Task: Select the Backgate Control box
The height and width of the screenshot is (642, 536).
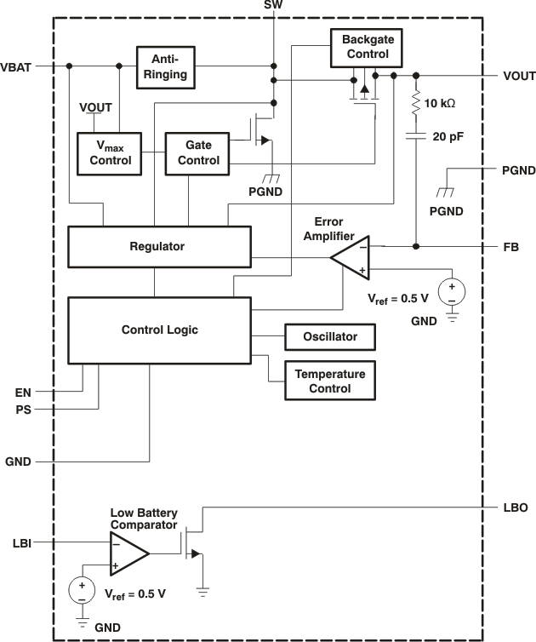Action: [x=365, y=47]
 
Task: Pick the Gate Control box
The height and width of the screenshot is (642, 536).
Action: [x=197, y=153]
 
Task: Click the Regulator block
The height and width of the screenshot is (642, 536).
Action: [x=158, y=246]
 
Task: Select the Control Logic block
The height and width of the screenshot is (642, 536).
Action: [x=159, y=329]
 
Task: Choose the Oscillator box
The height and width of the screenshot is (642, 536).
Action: [x=331, y=337]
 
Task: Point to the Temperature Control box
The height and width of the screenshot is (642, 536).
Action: [x=331, y=381]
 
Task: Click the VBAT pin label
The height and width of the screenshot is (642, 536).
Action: [x=17, y=66]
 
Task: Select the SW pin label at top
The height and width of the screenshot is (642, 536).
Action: [x=273, y=6]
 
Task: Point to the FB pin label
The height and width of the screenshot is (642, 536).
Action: [x=510, y=247]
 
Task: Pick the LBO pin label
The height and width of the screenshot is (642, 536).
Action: [x=516, y=507]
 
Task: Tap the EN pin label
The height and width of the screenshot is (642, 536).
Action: [x=23, y=393]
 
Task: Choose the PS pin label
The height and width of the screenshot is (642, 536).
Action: [x=23, y=410]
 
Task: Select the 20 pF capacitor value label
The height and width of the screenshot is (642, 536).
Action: [x=448, y=135]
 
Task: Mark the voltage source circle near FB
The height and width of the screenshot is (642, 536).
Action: [x=451, y=293]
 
